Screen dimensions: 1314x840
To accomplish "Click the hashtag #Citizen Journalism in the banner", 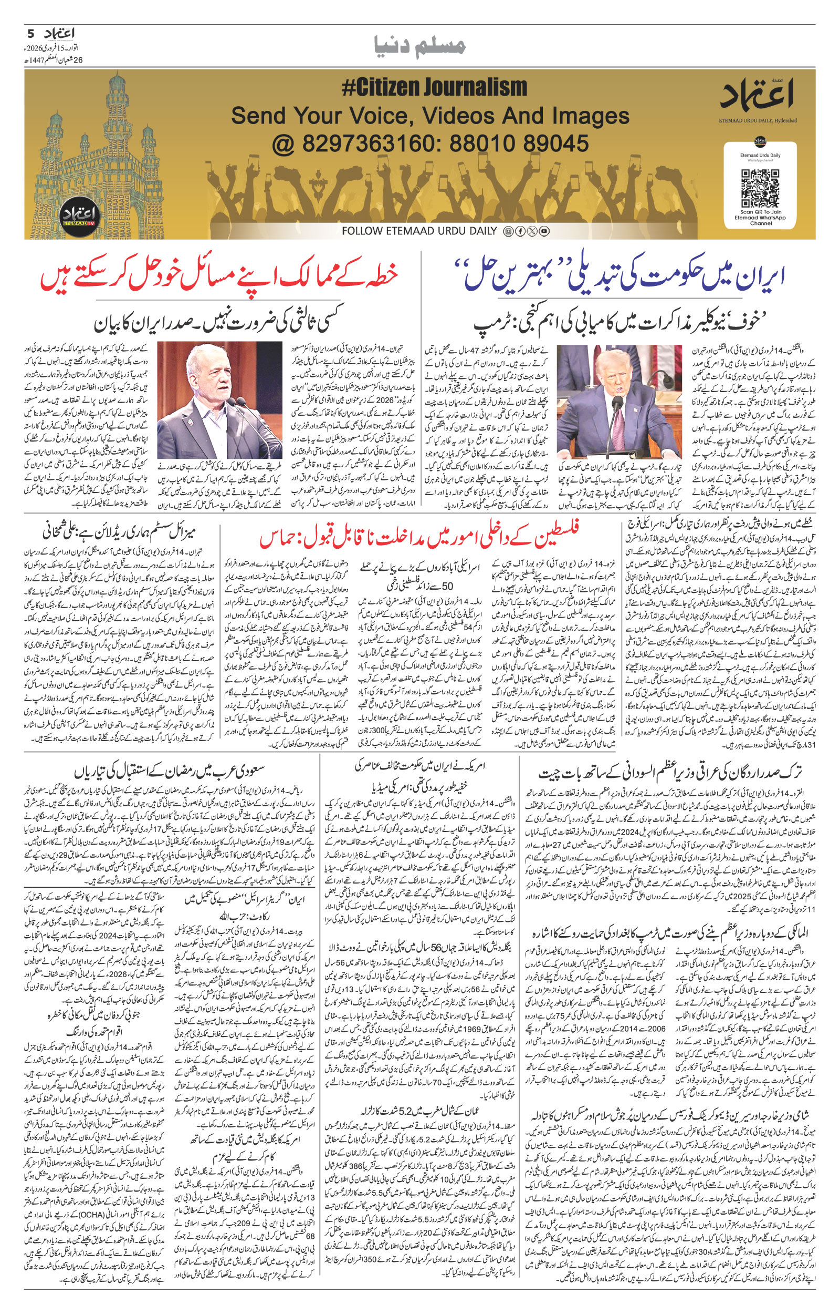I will point(435,87).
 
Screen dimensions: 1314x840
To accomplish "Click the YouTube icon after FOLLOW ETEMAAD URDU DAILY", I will point(544,231).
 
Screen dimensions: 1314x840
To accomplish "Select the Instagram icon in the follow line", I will point(508,231).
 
